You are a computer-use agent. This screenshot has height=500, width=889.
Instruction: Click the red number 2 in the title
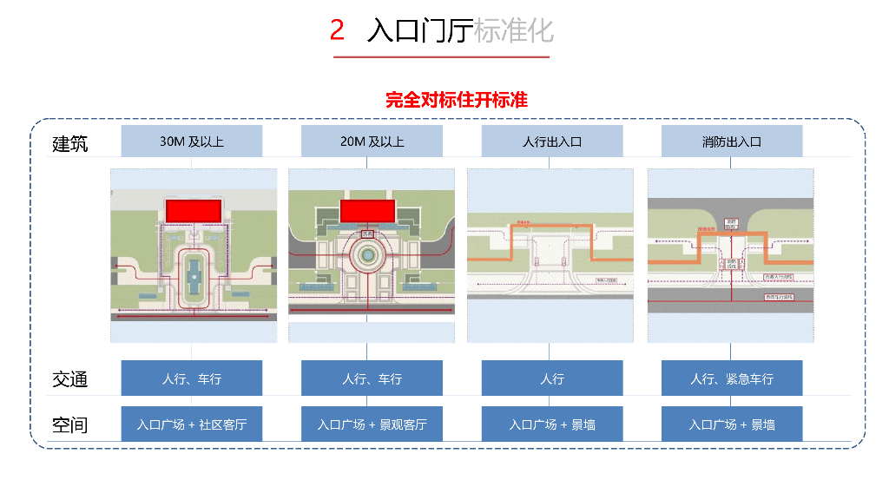coord(337,31)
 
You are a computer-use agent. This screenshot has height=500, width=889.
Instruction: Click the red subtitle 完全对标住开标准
coord(457,100)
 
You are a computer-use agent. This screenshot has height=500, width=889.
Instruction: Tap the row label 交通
coord(70,379)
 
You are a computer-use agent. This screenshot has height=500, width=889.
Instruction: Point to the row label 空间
coord(70,425)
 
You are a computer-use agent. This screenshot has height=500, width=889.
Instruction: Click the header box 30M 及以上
coord(191,141)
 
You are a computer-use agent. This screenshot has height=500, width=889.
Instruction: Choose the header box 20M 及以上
coord(372,141)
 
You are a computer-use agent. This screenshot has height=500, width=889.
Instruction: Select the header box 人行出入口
coord(551,141)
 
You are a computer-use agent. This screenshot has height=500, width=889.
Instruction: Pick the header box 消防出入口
coord(732,141)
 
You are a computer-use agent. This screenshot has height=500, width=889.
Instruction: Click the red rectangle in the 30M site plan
coord(194,209)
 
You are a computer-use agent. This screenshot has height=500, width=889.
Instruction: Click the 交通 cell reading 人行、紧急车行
coord(732,378)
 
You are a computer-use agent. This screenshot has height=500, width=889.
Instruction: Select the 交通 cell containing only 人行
coord(551,378)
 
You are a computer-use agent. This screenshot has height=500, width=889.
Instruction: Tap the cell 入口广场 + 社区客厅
coord(191,424)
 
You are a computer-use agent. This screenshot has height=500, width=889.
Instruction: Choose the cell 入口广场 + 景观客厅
coord(372,424)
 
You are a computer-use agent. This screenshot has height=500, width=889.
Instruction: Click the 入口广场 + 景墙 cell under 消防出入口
coord(732,424)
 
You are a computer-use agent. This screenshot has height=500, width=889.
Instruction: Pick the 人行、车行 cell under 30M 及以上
coord(191,378)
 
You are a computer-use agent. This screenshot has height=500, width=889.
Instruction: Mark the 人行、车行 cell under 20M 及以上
coord(372,378)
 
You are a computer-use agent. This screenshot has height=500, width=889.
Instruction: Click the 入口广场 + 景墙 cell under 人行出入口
coord(551,424)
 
